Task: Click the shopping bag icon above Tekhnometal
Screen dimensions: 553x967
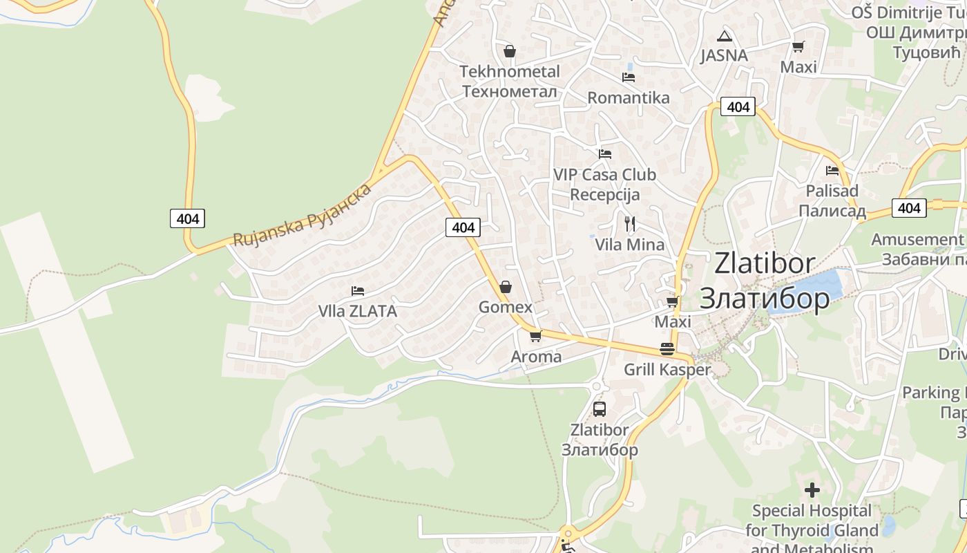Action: (x=510, y=51)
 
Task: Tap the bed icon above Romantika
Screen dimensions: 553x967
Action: (x=629, y=77)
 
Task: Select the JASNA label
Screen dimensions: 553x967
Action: (x=724, y=55)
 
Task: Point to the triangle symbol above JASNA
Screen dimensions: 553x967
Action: (x=724, y=36)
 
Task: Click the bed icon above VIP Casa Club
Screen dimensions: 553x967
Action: (x=605, y=153)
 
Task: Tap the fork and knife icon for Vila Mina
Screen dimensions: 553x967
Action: (x=629, y=223)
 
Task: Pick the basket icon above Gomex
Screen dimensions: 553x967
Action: (x=506, y=287)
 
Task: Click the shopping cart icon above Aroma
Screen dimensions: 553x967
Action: (x=535, y=337)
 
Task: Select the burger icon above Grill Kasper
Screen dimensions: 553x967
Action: (x=667, y=349)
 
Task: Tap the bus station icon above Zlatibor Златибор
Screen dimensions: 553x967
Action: (x=600, y=409)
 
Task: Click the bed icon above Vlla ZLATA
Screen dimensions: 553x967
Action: (x=358, y=290)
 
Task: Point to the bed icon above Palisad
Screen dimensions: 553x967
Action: (x=832, y=170)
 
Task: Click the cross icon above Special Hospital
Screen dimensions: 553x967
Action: (x=812, y=490)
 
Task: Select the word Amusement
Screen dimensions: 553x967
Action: (x=916, y=239)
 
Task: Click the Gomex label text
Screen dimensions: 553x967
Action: (x=506, y=307)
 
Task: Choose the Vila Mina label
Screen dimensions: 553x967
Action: (x=630, y=244)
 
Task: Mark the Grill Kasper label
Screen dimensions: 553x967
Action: (x=667, y=370)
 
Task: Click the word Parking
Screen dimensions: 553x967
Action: (x=931, y=393)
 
